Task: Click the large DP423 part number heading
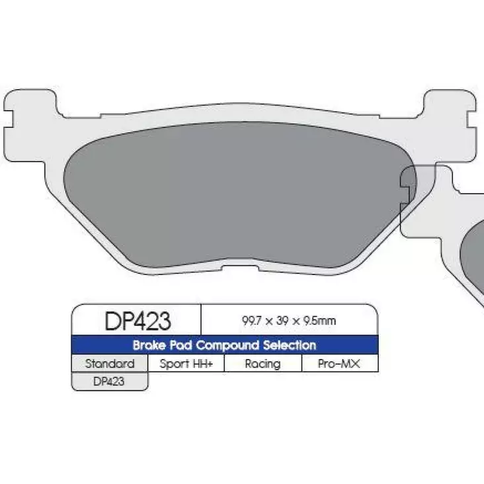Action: click(138, 321)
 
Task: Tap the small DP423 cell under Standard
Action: click(110, 381)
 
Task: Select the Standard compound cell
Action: click(110, 364)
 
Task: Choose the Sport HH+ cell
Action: click(186, 364)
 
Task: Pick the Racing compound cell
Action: click(262, 364)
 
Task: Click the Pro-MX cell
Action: click(339, 364)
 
